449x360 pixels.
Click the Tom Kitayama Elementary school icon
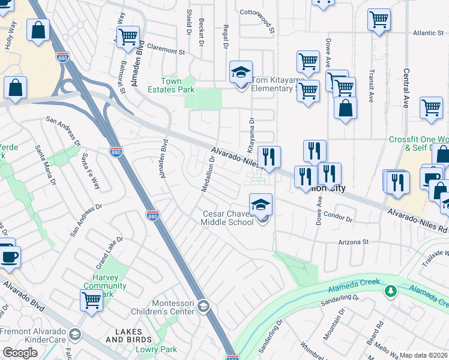[x=241, y=73]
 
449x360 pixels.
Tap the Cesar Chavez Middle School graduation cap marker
[x=261, y=205]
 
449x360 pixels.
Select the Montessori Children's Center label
[x=166, y=307]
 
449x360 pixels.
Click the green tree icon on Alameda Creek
[x=391, y=291]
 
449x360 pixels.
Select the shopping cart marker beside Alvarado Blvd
[x=91, y=300]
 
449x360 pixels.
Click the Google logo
[x=20, y=353]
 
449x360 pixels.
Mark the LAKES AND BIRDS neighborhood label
[x=124, y=336]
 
